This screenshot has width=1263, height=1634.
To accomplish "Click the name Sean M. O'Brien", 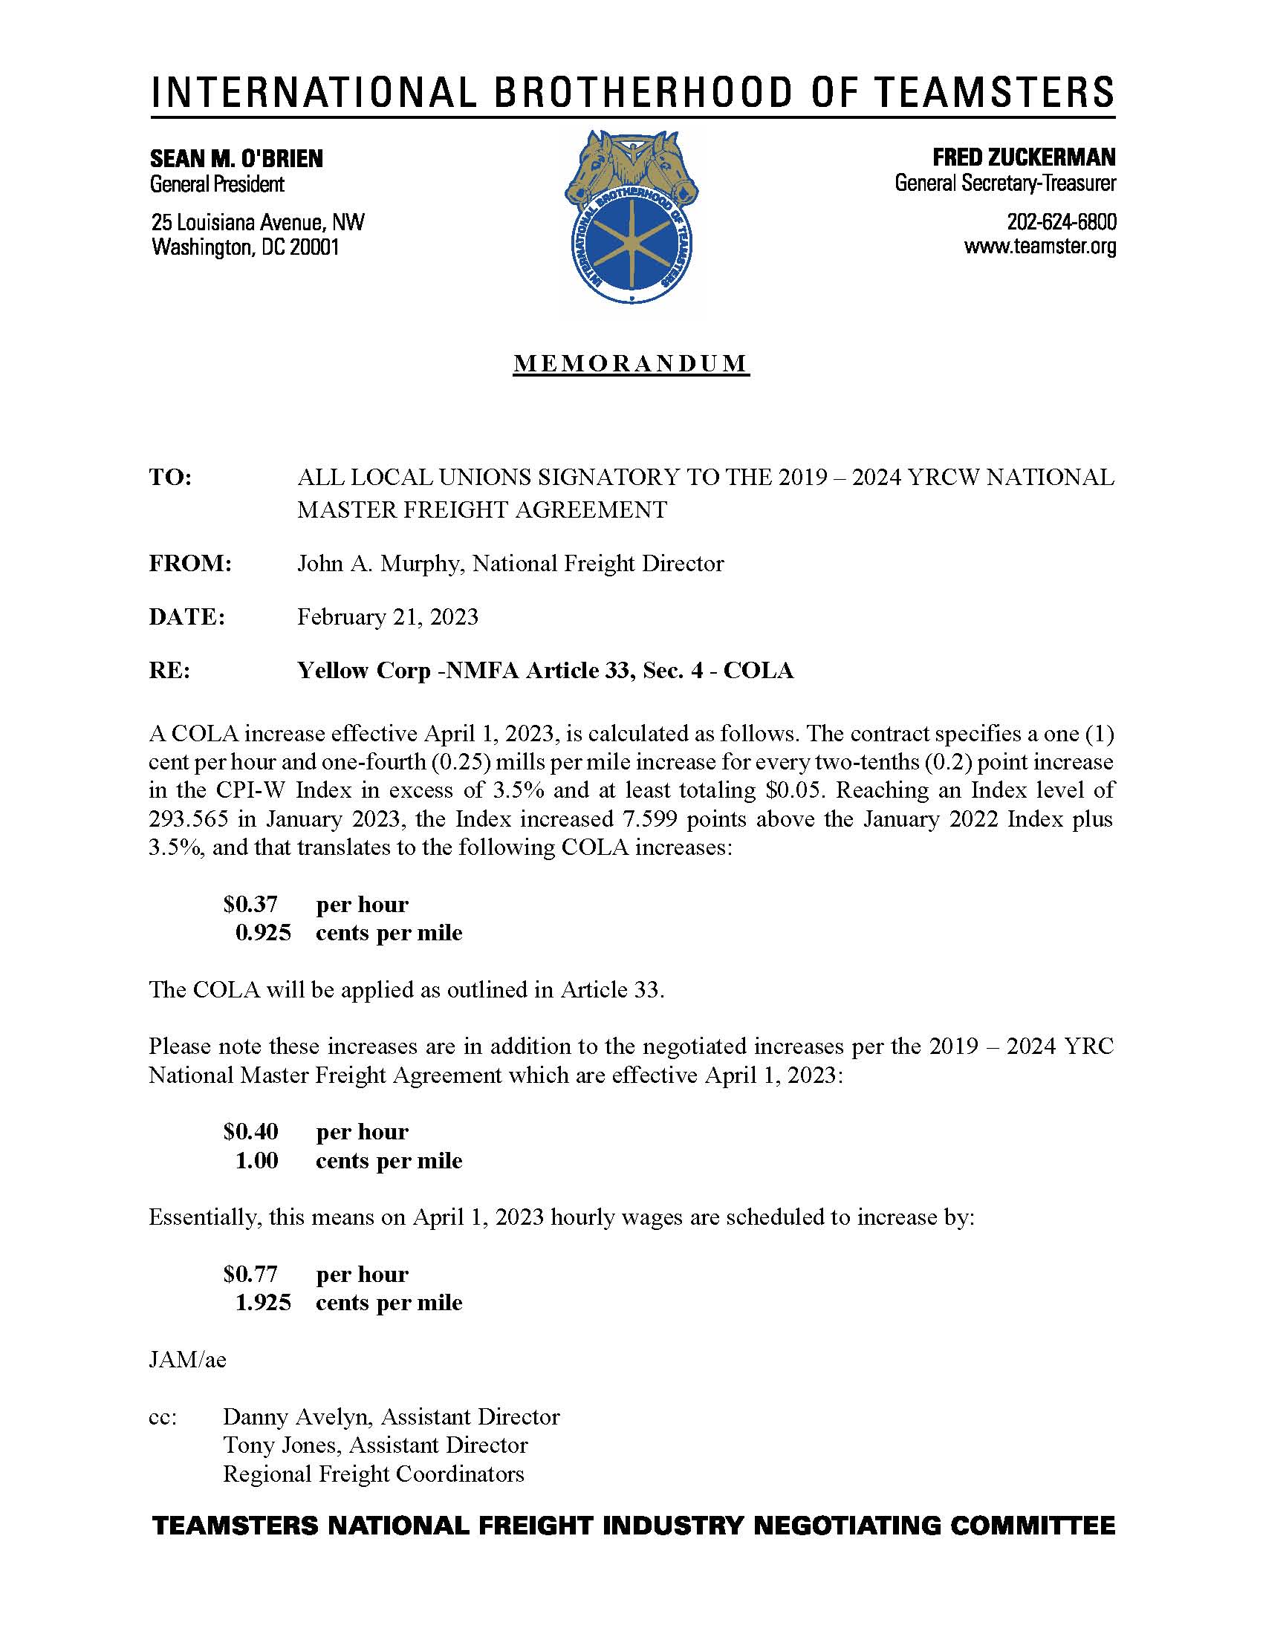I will click(x=236, y=159).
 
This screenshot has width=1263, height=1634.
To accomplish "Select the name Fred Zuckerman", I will click(x=1024, y=157).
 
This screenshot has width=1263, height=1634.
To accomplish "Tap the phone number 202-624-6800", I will click(x=1061, y=222).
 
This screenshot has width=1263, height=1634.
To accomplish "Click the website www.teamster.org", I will click(x=1040, y=246).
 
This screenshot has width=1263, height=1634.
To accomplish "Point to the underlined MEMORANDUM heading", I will click(x=631, y=363).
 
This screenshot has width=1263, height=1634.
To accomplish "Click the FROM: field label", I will click(x=190, y=564).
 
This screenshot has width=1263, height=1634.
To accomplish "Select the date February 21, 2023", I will click(x=388, y=616).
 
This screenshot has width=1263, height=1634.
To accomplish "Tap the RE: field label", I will click(x=170, y=671).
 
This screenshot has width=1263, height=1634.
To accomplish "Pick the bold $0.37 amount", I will click(x=250, y=905).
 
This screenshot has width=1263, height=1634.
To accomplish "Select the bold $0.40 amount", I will click(x=250, y=1132).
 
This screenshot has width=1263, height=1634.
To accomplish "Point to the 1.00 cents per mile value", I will click(x=256, y=1160).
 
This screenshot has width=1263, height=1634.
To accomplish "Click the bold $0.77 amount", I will click(x=250, y=1274).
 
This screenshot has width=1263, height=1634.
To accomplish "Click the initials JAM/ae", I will click(x=187, y=1359).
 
